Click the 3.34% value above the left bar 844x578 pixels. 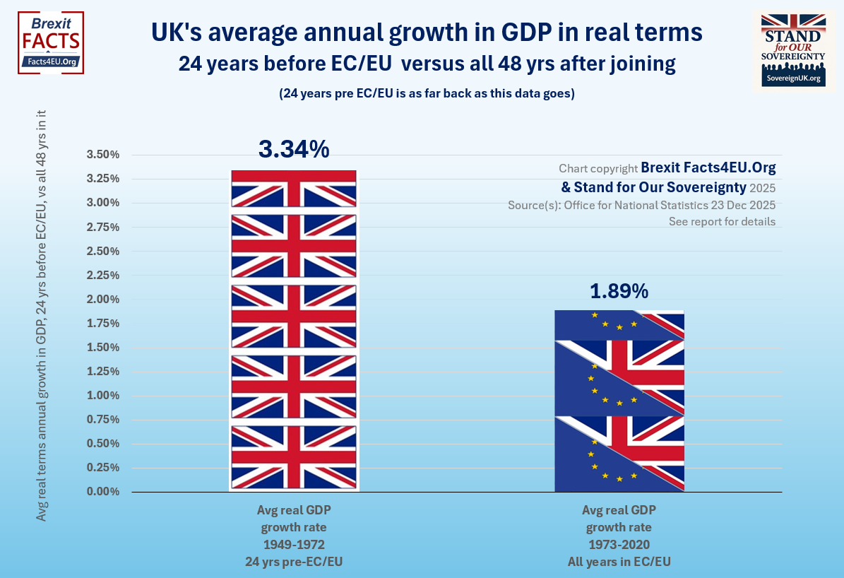(293, 150)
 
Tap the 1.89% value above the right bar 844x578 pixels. (619, 291)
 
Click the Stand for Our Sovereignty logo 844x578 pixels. (792, 49)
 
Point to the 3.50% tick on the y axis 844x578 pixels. (103, 155)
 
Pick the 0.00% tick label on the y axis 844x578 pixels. (103, 492)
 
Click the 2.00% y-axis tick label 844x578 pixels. (103, 300)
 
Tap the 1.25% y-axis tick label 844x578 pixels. (103, 372)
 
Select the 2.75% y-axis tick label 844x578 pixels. (103, 227)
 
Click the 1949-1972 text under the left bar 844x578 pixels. (293, 545)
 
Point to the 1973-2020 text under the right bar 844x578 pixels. (619, 545)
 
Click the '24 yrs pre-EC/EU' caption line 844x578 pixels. (293, 562)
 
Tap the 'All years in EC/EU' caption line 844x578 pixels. (619, 562)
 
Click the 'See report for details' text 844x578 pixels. (722, 222)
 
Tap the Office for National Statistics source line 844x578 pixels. (641, 205)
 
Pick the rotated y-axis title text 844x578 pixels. (42, 316)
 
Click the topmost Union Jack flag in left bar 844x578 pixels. (293, 189)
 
